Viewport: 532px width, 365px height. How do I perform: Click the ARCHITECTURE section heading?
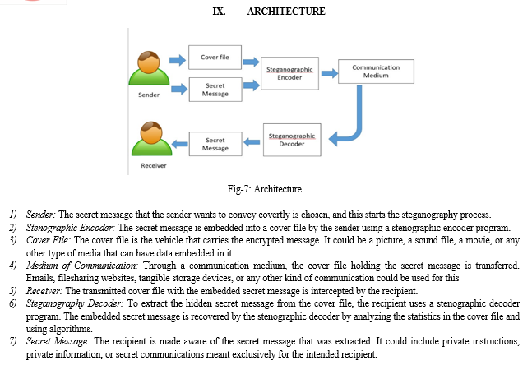[285, 11]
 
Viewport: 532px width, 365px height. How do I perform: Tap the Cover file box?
[215, 58]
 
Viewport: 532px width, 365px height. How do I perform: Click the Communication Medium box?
[370, 72]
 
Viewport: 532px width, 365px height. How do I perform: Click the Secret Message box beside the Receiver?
[215, 144]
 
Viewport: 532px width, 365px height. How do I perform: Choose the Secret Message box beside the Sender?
[215, 90]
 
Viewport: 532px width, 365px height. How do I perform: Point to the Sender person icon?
[148, 71]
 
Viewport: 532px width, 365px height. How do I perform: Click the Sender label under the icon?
[148, 95]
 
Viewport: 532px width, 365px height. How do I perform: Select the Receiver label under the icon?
[154, 165]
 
